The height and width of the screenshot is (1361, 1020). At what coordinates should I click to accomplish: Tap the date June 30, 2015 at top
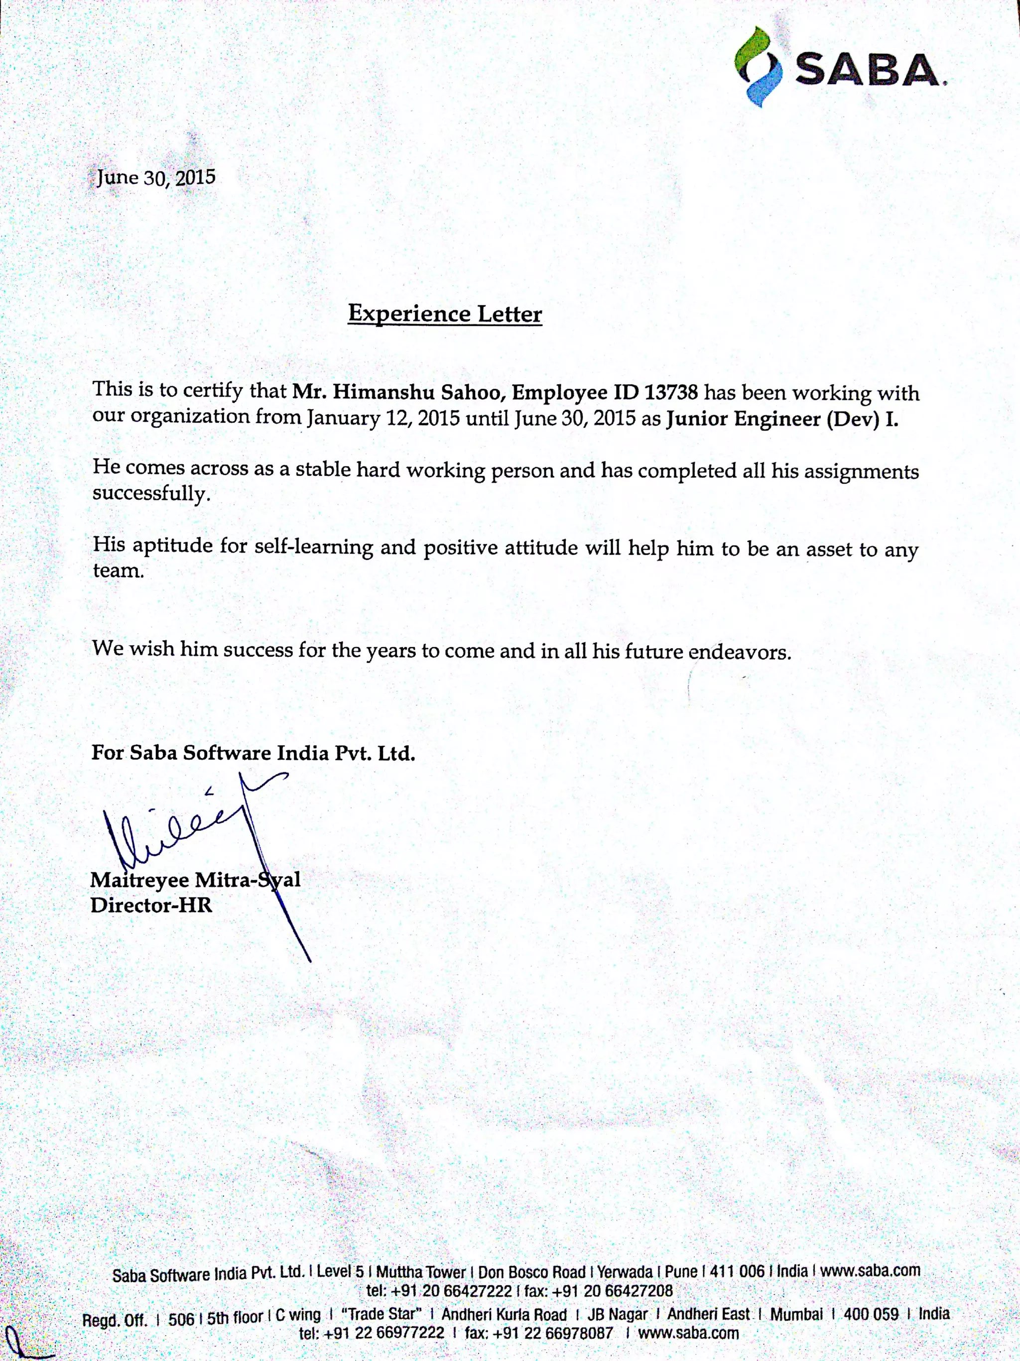click(156, 178)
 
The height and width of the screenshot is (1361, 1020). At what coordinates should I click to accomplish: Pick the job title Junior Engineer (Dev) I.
click(782, 420)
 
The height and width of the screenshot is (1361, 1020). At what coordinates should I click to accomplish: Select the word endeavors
click(739, 652)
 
